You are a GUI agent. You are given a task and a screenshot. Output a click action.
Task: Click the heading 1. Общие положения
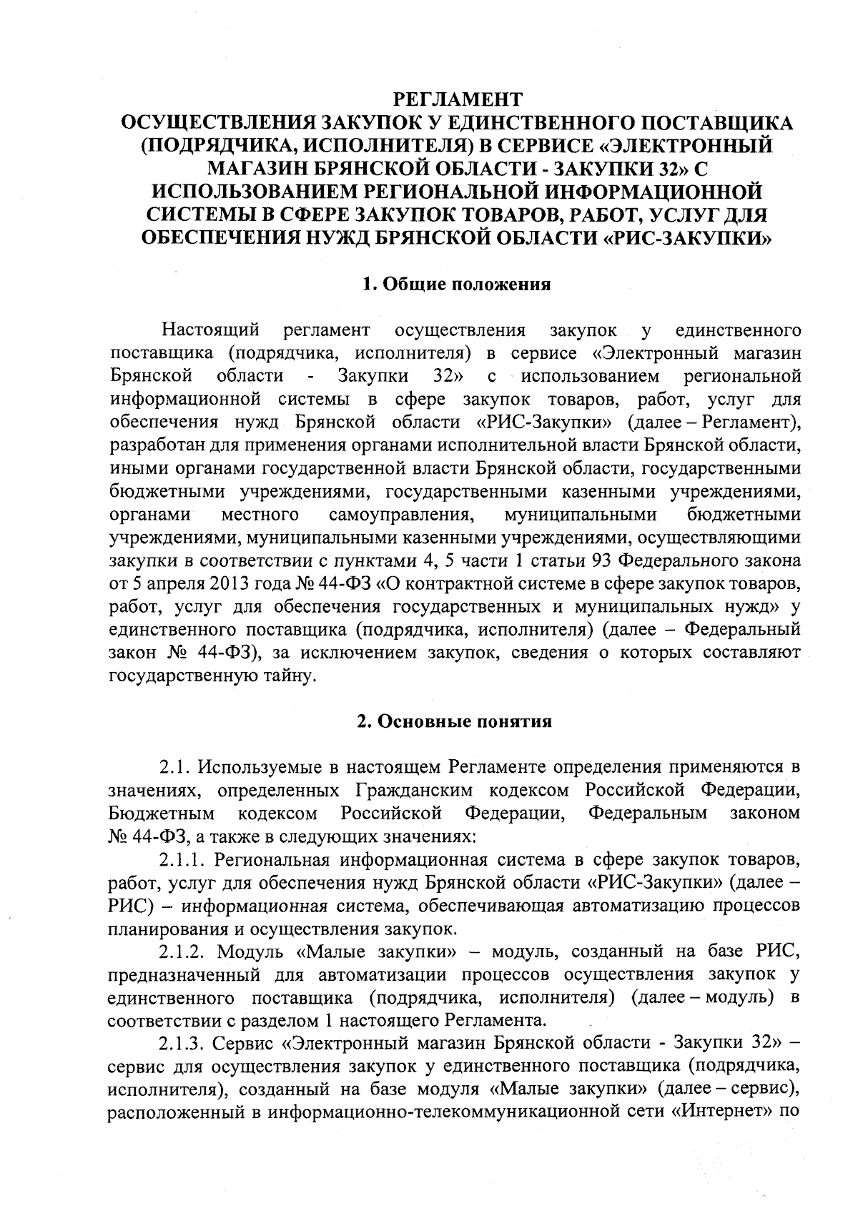[458, 284]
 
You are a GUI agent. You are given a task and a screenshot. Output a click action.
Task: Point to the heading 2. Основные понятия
[455, 721]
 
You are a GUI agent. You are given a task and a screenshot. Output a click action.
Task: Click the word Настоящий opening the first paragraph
[209, 330]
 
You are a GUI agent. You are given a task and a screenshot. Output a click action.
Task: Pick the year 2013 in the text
[225, 583]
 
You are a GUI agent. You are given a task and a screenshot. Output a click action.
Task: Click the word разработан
[155, 445]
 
